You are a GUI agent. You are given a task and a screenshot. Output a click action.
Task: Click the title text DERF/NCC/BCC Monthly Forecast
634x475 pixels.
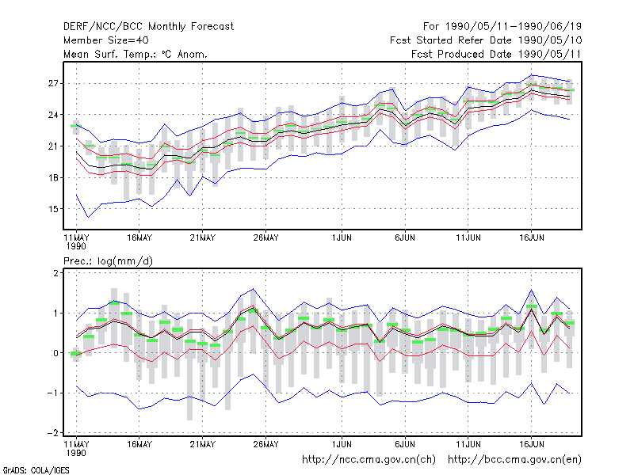[148, 27]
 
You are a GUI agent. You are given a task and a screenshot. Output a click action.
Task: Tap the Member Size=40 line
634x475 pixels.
[106, 40]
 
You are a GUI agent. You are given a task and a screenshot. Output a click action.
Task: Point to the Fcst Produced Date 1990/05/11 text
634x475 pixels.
[496, 54]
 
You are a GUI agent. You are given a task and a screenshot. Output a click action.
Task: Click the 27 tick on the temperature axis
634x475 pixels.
[53, 84]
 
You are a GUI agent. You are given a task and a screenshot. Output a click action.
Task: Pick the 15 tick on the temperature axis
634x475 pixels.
[53, 209]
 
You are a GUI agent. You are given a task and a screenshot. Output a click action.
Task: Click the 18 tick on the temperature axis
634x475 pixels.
[53, 177]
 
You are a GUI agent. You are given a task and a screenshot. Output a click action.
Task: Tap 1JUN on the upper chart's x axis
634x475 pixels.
[342, 238]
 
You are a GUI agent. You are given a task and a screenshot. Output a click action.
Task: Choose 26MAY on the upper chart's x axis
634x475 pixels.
[265, 238]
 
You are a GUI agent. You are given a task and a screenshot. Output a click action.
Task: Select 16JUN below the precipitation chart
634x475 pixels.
[531, 444]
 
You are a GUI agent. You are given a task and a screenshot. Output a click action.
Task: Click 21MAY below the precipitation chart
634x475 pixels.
[203, 444]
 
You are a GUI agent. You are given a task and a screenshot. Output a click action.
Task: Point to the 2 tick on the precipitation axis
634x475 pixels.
[55, 273]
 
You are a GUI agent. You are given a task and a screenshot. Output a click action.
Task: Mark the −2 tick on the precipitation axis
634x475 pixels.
[53, 433]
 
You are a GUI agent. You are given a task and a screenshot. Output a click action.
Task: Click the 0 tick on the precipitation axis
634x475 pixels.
[55, 353]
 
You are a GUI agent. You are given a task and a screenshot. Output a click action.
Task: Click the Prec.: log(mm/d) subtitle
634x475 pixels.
[109, 261]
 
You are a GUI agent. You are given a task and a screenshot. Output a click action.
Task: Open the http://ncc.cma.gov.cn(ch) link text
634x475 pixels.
[369, 460]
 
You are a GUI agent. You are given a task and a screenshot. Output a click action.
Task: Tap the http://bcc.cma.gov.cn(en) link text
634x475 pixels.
[514, 460]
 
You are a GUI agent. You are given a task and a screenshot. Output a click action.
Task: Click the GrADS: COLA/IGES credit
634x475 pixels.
[36, 470]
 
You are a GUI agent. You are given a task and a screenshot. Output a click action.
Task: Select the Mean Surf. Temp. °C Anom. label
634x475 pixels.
[136, 54]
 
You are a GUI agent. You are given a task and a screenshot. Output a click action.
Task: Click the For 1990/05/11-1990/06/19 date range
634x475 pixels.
[502, 27]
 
